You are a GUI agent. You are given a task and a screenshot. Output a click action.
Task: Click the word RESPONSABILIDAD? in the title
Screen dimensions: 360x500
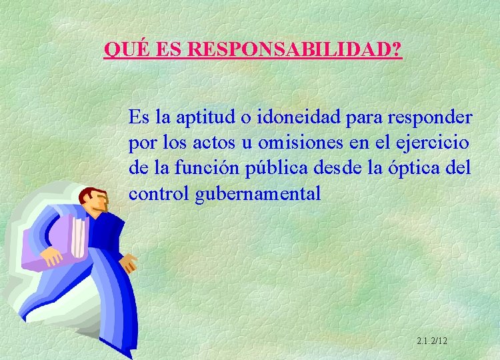pos(295,50)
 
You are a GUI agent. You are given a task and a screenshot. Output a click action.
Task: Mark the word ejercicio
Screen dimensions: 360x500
pos(431,143)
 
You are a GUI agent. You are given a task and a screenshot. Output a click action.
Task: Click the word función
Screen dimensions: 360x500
pos(206,168)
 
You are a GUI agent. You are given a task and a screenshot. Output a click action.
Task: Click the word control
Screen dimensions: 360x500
pos(158,193)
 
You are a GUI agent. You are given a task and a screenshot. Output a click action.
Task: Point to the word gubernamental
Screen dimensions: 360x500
pos(258,194)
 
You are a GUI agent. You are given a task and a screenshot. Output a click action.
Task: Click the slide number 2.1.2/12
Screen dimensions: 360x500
pos(431,341)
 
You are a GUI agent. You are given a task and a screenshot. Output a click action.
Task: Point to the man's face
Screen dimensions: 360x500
pos(99,201)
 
